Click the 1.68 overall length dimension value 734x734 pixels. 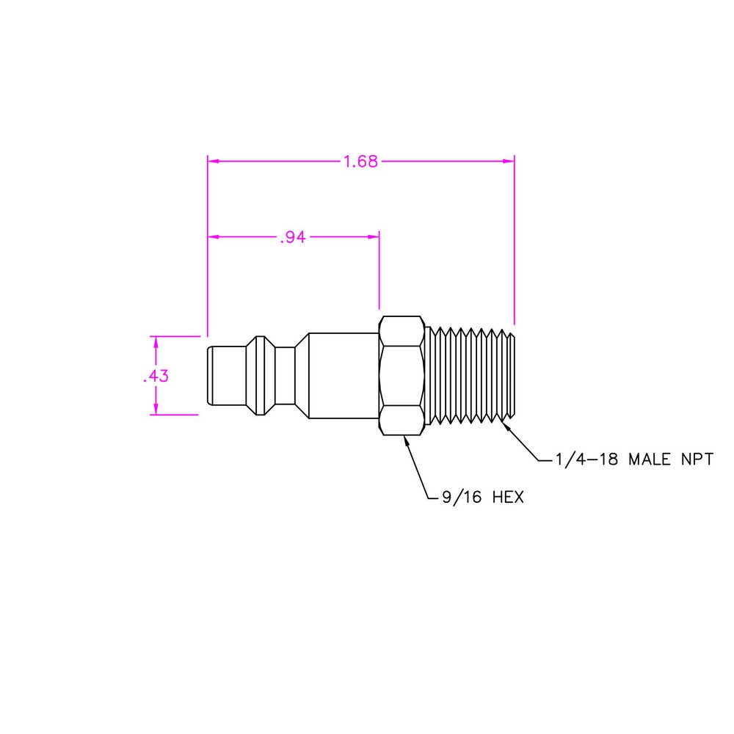[360, 161]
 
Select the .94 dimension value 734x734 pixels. [293, 237]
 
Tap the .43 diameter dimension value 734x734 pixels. [156, 376]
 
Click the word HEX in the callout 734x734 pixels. [508, 497]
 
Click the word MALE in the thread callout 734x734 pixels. [650, 459]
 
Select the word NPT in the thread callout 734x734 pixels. [697, 459]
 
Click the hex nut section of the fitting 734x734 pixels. [401, 375]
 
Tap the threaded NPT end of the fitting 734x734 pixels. [470, 375]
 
